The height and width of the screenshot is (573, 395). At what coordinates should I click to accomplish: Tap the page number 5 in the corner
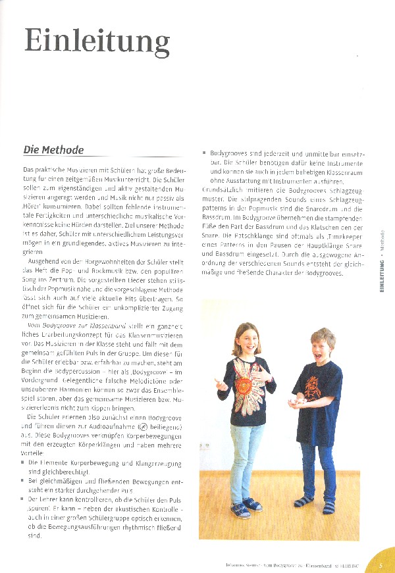tap(381, 564)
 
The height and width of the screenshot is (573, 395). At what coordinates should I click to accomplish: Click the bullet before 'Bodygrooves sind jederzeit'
tap(205, 153)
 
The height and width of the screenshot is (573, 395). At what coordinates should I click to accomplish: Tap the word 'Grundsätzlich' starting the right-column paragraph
tap(228, 189)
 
